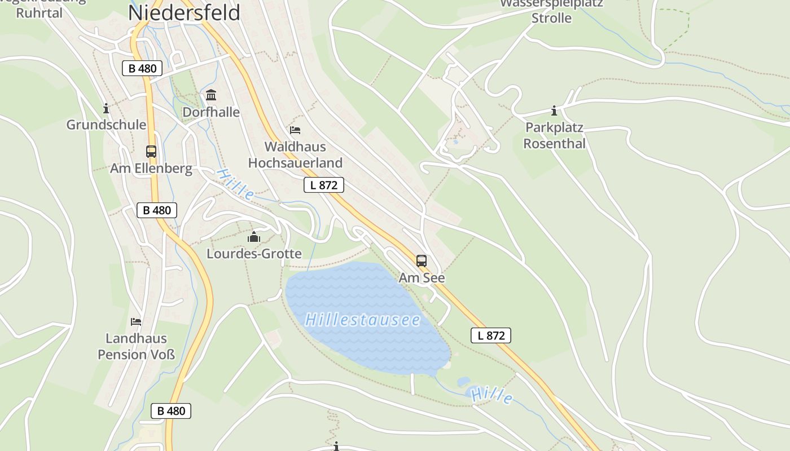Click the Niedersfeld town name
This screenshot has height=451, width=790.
[185, 12]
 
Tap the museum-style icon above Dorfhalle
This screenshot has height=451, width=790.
[211, 95]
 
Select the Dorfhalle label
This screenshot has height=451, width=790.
[211, 112]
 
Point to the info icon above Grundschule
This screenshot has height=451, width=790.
[106, 108]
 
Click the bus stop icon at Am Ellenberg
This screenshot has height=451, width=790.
[151, 152]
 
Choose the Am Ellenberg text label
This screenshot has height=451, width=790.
[151, 169]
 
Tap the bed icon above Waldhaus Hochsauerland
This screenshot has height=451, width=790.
[295, 130]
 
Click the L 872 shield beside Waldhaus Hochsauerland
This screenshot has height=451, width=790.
[324, 185]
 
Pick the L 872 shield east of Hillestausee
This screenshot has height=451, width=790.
[491, 336]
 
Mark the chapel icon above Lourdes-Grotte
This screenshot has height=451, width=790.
[254, 237]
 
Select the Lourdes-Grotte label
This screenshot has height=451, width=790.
[254, 254]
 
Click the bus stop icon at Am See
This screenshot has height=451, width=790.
[422, 261]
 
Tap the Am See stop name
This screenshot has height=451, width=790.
[422, 278]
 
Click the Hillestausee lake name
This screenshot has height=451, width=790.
[363, 320]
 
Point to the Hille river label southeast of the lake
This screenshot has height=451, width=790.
[492, 396]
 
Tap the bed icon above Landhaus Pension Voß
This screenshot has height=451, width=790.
[136, 322]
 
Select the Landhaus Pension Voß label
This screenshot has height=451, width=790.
[137, 346]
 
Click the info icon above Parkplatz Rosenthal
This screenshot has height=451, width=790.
[554, 110]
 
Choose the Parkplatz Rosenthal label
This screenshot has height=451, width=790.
[554, 135]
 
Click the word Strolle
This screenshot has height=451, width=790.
[551, 18]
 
